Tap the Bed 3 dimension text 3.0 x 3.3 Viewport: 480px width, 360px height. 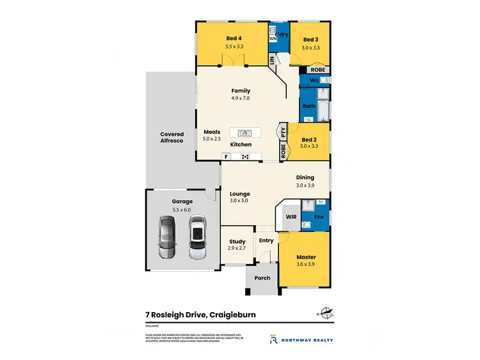click(311, 47)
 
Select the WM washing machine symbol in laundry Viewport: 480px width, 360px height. click(273, 39)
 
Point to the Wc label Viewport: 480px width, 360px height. click(314, 81)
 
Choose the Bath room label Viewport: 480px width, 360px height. click(309, 106)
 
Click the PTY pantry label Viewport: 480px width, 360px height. click(282, 132)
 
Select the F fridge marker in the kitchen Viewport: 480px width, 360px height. click(226, 157)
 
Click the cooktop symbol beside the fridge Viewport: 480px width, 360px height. click(244, 157)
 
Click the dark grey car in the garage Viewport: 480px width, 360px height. click(166, 237)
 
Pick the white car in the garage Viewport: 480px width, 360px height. click(196, 237)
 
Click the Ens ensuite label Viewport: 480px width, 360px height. click(318, 217)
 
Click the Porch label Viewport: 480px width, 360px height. click(262, 278)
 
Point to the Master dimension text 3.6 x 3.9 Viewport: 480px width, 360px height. click(306, 265)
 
